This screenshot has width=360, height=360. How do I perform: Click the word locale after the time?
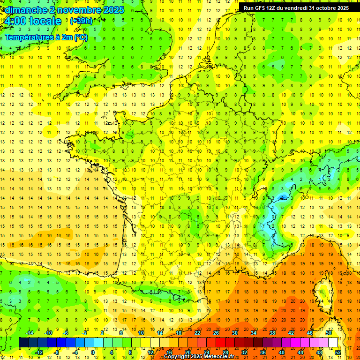[x=45, y=22]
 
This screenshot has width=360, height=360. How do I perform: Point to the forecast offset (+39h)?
[x=81, y=21]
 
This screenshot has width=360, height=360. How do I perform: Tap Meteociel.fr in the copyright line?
[x=219, y=357]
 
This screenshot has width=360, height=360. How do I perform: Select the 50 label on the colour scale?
[x=329, y=333]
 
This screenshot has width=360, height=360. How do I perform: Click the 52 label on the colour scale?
[x=338, y=352]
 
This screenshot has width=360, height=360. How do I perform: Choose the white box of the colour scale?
[x=333, y=342]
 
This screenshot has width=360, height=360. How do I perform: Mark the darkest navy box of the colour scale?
[x=23, y=342]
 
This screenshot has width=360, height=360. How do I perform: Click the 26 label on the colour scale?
[x=216, y=333]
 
